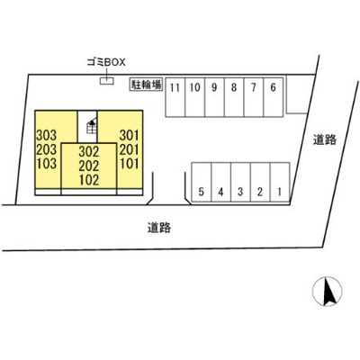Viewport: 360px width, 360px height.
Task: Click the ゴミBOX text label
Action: coord(106,62)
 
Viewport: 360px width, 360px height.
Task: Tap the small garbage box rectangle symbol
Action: coord(107,81)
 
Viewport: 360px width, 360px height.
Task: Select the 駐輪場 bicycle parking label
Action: coord(146,85)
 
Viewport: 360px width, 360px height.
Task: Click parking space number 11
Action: coord(175,97)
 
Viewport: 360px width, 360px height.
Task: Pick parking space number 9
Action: coord(214,97)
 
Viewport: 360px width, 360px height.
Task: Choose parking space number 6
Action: coord(273,97)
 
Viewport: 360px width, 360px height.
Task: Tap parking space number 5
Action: coord(202,182)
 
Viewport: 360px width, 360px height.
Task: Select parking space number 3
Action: coord(240,182)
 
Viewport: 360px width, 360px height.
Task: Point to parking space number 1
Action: coord(280,182)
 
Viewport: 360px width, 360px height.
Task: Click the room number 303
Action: coord(47,136)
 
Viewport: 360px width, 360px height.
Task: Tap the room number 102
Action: coord(89,180)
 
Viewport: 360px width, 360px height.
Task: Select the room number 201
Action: coord(130,149)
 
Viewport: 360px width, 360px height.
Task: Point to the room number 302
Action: coord(89,152)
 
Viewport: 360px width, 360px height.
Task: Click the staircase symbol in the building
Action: coord(91,126)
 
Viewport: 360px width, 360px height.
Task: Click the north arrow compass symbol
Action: coord(328,292)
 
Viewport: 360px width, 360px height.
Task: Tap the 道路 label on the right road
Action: coord(325,139)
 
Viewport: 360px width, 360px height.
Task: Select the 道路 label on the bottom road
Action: coord(159,228)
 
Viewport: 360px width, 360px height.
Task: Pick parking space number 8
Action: coord(234,97)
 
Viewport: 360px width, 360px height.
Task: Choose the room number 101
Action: coord(130,164)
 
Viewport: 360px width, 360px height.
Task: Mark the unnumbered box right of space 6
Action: coord(297,94)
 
